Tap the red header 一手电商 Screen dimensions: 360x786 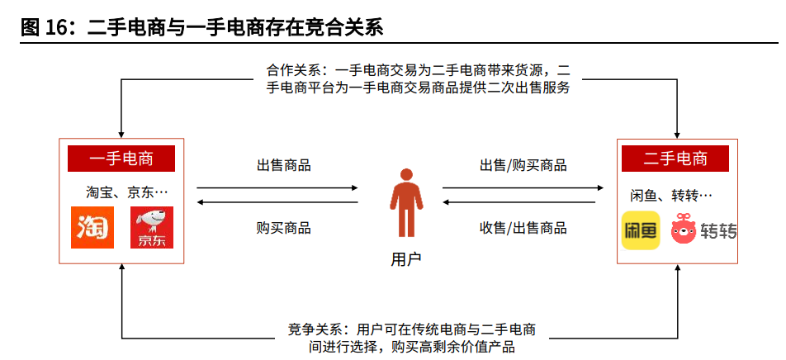coord(121,158)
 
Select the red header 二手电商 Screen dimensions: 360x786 coord(675,158)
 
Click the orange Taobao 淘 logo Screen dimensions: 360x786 coord(92,228)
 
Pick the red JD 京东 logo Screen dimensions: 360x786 coord(152,228)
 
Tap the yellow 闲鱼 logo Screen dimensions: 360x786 coord(641,230)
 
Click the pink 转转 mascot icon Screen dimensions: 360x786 coord(684,230)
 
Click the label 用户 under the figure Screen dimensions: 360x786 coord(405,259)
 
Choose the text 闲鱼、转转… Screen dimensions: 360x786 coord(670,196)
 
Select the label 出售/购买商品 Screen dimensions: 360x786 coord(523,164)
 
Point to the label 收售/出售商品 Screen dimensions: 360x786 coord(523,228)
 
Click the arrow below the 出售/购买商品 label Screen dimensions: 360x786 coord(523,187)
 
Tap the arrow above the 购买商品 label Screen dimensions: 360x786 coord(277,202)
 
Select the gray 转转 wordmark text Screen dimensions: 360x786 coord(719,230)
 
